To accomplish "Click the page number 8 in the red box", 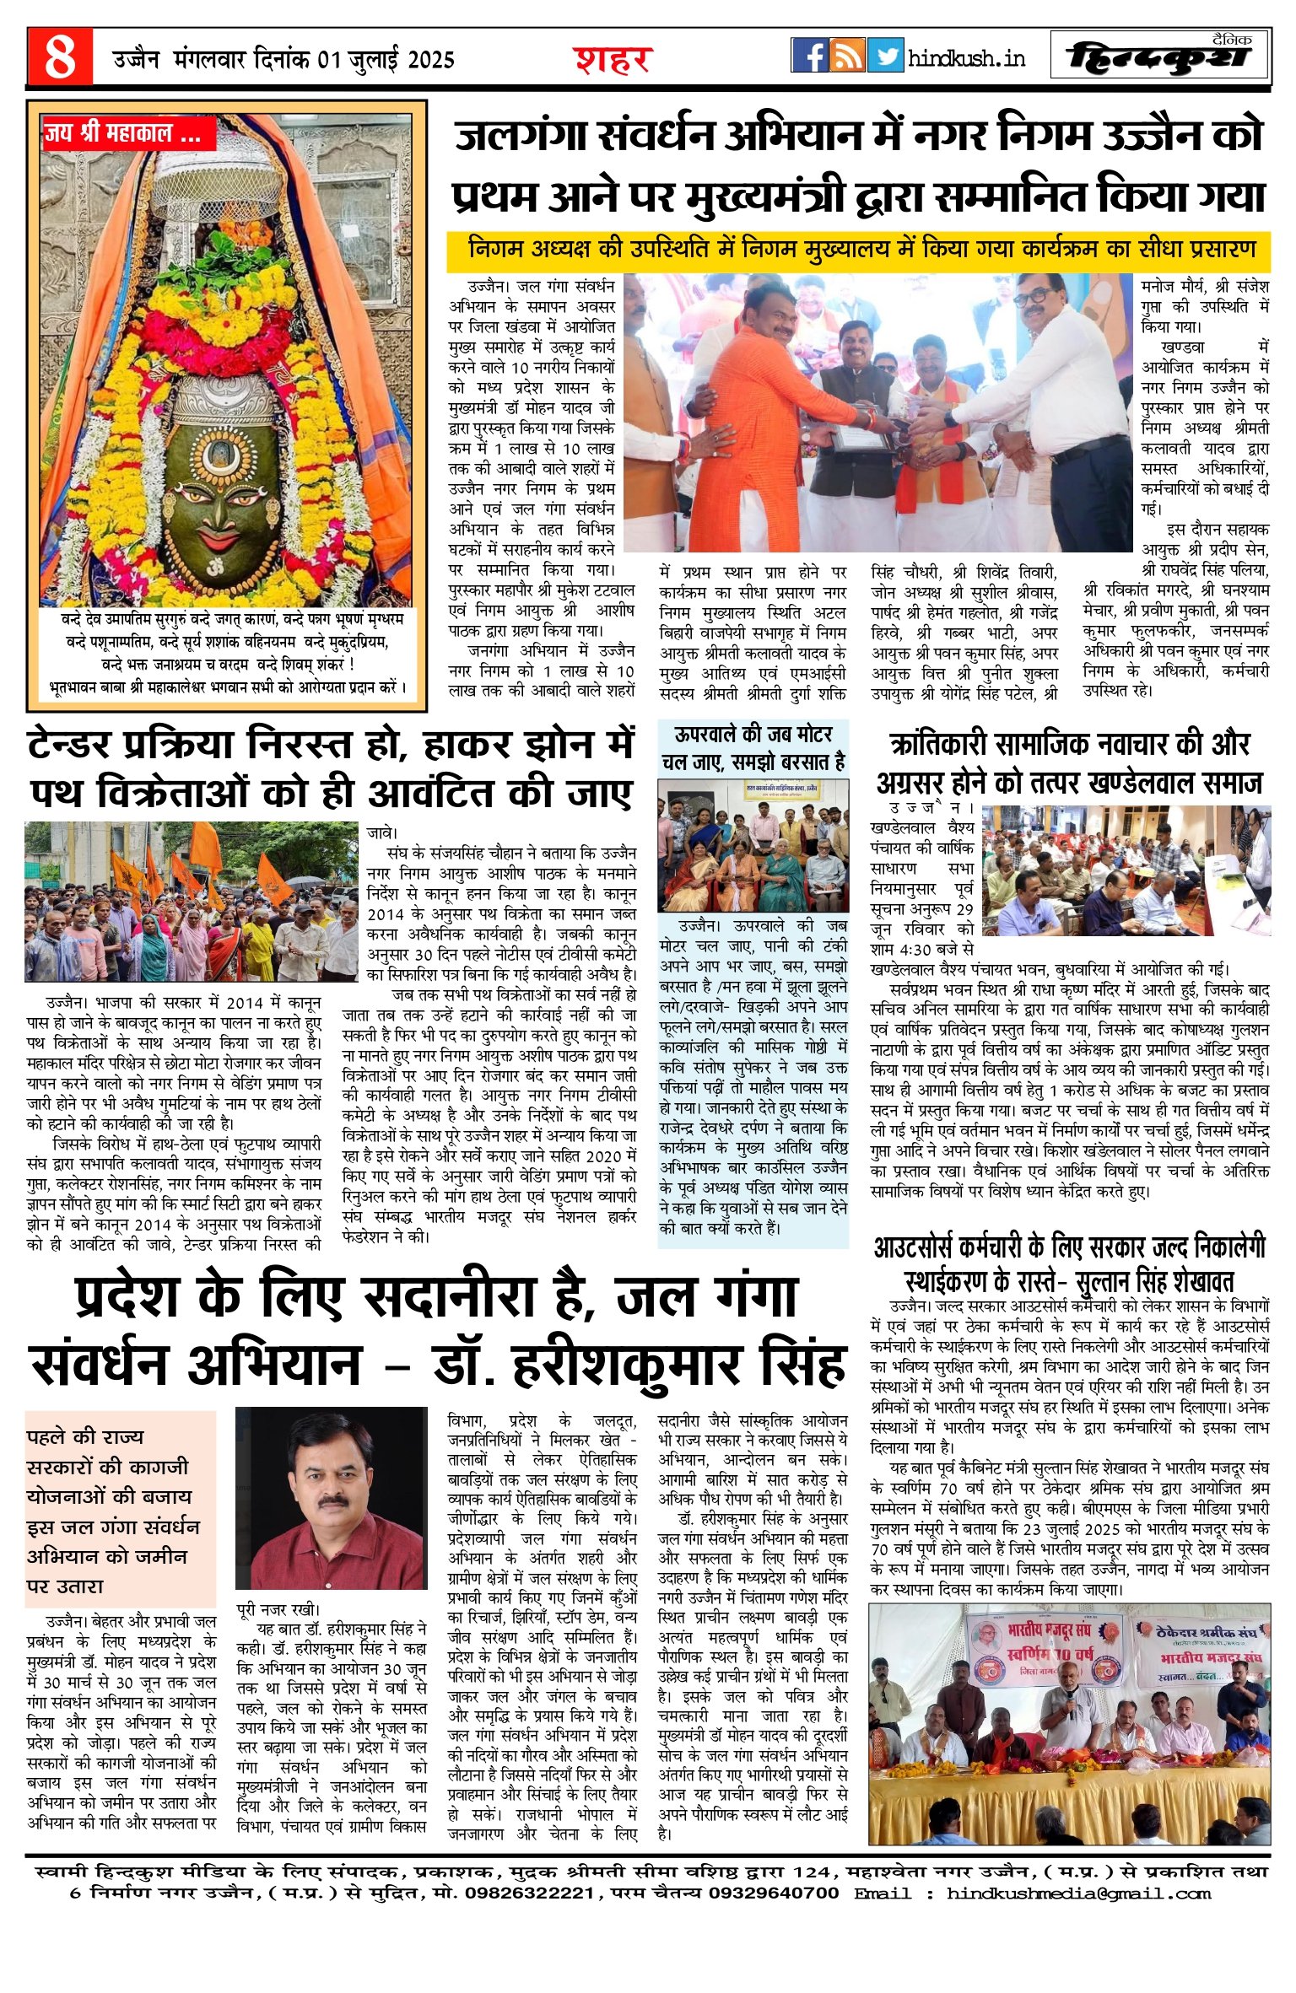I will [x=60, y=57].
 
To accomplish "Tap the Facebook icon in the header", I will [x=809, y=56].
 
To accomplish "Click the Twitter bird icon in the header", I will [x=885, y=56].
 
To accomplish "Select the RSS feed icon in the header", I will [x=847, y=56].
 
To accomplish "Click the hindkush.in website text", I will [x=967, y=58].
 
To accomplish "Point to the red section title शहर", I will [x=613, y=60].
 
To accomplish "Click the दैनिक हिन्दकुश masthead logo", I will [x=1159, y=57].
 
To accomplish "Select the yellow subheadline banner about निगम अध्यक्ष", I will [x=858, y=250].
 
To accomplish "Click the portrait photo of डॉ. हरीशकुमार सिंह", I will [x=332, y=1504].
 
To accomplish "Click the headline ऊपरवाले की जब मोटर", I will [x=753, y=734].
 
